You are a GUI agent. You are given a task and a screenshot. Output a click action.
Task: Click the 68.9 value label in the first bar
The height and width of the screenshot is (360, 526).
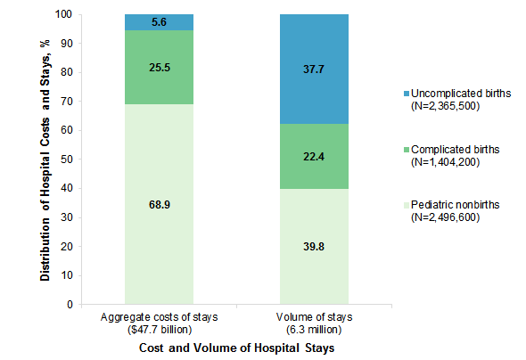(x=159, y=204)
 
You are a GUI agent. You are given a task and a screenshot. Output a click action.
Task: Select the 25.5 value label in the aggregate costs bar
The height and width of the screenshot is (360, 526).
(x=159, y=68)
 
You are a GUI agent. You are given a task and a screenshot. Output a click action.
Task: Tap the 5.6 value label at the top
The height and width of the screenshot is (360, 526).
(x=159, y=22)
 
